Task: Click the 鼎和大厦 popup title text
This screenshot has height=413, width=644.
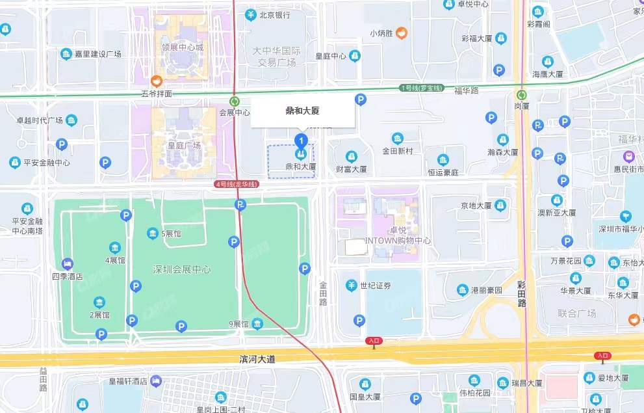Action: click(x=302, y=111)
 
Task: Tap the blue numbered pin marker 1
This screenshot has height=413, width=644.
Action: click(x=300, y=140)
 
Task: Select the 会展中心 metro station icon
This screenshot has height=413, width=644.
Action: click(x=235, y=101)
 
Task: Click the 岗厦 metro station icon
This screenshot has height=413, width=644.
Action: click(x=521, y=94)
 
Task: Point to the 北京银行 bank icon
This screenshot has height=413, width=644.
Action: click(x=250, y=14)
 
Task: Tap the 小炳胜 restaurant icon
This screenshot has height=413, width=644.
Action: click(x=402, y=32)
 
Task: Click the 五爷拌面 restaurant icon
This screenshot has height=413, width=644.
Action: click(x=156, y=81)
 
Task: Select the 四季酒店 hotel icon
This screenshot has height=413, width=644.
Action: click(x=67, y=264)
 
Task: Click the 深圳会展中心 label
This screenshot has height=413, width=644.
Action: click(x=181, y=269)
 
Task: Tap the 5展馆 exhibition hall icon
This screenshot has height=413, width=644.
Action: click(x=152, y=233)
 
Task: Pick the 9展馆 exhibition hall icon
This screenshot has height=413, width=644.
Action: click(x=258, y=324)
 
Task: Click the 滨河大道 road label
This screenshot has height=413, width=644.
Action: click(x=257, y=359)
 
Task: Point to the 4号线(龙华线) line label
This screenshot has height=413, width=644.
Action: click(x=237, y=185)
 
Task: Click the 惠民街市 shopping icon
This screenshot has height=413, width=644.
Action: click(x=628, y=157)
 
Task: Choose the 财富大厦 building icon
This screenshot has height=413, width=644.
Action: click(x=351, y=157)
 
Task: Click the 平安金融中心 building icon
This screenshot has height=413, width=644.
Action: click(x=14, y=163)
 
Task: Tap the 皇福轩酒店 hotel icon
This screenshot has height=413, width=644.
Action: click(x=155, y=380)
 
